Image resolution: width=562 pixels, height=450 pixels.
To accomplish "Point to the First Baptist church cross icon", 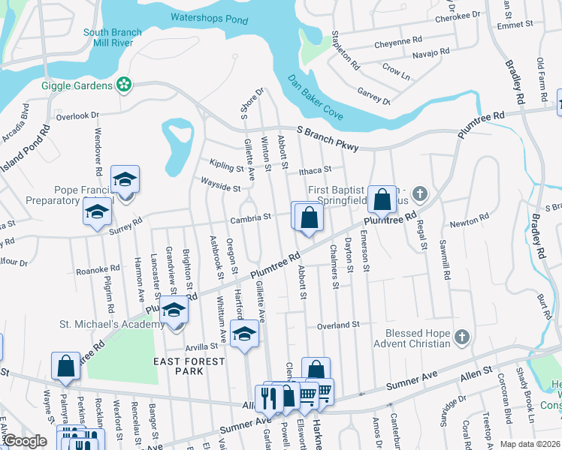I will click(x=420, y=194).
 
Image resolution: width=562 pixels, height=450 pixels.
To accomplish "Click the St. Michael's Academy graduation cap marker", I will click(x=174, y=310).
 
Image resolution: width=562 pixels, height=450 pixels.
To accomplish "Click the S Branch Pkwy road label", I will click(x=328, y=137).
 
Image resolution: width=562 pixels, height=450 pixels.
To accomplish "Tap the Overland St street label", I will click(x=339, y=325).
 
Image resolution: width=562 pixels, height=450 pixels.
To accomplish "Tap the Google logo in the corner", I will click(x=24, y=442).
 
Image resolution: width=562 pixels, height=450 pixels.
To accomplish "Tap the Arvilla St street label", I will click(x=201, y=346).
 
